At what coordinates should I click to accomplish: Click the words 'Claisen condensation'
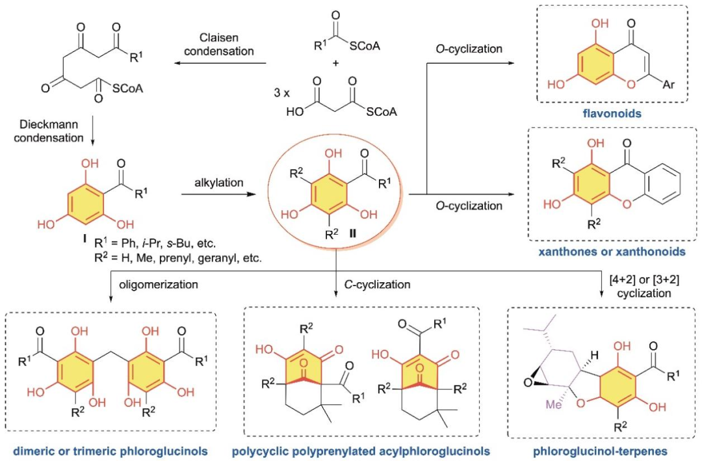(x=219, y=44)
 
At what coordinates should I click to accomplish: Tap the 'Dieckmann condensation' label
(x=48, y=131)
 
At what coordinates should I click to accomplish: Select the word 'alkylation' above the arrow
(x=219, y=183)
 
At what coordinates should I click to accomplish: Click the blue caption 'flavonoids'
(x=612, y=113)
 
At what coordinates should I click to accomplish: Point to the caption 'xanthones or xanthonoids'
(x=612, y=252)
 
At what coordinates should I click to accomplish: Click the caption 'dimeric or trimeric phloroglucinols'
(x=110, y=451)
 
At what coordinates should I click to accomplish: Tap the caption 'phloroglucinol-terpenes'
(x=601, y=451)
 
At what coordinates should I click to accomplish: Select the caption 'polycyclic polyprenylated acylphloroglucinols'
(x=361, y=451)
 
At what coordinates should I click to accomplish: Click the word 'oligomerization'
(x=159, y=285)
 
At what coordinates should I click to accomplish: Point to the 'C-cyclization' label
(x=377, y=285)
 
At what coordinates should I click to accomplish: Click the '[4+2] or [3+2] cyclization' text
(x=644, y=286)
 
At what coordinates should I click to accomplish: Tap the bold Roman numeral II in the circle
(x=353, y=233)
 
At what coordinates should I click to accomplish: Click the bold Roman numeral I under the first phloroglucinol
(x=84, y=239)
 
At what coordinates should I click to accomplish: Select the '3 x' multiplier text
(x=281, y=93)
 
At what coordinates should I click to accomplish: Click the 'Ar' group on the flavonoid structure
(x=668, y=84)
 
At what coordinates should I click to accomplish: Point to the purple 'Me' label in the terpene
(x=553, y=404)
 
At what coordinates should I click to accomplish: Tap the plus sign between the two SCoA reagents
(x=336, y=63)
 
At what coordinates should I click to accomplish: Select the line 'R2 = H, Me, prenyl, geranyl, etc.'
(x=177, y=258)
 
